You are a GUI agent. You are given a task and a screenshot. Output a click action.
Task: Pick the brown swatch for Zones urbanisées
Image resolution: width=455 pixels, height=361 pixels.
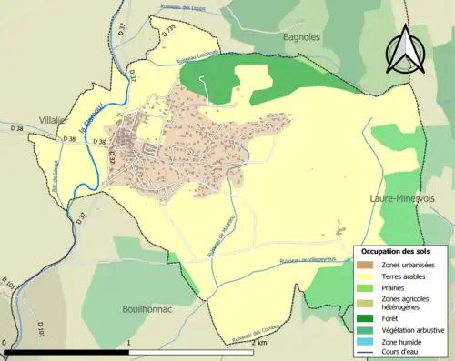pos(368,264)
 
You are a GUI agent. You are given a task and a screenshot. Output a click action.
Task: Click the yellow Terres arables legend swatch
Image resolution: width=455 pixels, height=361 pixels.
pos(368,276)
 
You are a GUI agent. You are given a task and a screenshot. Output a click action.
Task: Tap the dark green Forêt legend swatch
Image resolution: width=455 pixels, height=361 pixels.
pos(368,317)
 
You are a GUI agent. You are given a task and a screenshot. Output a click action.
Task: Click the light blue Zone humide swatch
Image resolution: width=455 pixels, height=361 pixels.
pos(368,341)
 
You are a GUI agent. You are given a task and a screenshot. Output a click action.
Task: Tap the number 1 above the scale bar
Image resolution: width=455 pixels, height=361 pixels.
pos(130,343)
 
